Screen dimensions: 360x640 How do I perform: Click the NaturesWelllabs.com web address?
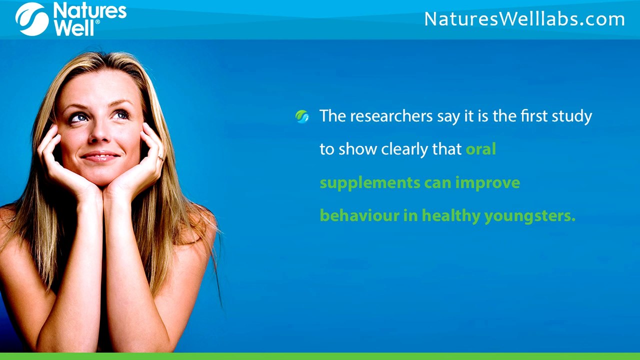524,19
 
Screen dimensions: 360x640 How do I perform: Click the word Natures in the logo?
89,10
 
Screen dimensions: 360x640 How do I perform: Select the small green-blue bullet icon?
302,117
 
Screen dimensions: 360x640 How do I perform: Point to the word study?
571,116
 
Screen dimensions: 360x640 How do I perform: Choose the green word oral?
480,149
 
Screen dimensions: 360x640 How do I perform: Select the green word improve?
487,183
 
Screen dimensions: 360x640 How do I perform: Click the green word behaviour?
359,216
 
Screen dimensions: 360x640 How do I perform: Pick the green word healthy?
451,216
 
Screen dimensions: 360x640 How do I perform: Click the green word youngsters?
529,216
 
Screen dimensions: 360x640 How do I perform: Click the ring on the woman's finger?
160,158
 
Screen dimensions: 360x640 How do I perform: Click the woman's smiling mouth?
100,156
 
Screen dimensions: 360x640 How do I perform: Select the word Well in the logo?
74,28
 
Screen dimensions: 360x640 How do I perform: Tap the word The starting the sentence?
333,116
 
